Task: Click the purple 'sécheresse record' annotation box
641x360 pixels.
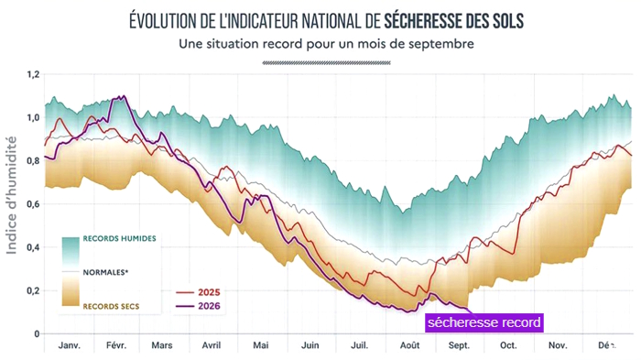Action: click(484, 322)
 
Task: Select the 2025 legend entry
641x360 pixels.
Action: click(199, 292)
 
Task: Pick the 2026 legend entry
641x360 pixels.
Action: click(199, 306)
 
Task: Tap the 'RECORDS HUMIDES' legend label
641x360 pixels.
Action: click(119, 238)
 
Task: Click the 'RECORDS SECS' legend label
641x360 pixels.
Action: click(111, 306)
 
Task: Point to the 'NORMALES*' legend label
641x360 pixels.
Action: click(105, 272)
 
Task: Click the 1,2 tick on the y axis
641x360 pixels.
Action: click(33, 74)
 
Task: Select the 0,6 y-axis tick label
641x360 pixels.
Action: click(33, 204)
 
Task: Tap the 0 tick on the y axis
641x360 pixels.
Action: click(37, 333)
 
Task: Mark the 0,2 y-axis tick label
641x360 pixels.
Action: click(33, 291)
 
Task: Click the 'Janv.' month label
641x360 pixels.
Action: click(69, 345)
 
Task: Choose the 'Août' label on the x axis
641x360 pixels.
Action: click(409, 345)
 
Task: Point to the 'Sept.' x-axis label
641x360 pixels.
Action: click(459, 345)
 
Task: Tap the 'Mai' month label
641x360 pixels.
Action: click(261, 345)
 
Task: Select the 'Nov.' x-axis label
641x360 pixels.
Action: click(558, 345)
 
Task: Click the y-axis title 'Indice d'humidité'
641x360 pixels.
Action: click(12, 195)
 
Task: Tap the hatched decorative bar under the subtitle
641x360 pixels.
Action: click(326, 63)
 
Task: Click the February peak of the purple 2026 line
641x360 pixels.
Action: click(123, 96)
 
